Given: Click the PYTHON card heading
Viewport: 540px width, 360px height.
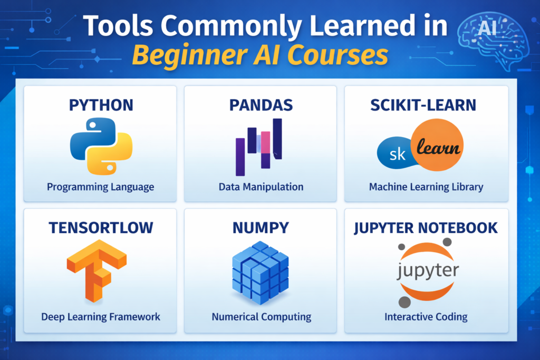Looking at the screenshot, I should (101, 105).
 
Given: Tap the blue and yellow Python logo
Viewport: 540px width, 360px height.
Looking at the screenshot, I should (101, 147).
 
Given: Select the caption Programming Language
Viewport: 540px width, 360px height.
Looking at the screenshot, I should (101, 187).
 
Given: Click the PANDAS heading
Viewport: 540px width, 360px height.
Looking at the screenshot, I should (261, 105).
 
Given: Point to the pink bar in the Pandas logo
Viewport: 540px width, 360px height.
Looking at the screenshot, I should (265, 141).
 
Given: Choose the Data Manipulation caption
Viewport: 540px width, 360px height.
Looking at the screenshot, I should (261, 187).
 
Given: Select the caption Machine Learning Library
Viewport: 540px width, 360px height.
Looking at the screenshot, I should (426, 187).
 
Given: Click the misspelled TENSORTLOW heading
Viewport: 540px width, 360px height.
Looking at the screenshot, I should (101, 228).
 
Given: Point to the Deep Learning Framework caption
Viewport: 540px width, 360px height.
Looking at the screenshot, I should (101, 317).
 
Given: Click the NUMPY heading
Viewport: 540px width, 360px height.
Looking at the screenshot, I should (261, 228).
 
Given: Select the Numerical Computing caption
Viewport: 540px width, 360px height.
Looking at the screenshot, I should (261, 317).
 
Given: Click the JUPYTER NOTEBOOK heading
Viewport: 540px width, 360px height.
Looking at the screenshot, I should (426, 228).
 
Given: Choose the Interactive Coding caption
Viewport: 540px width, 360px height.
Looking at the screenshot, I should (426, 317).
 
